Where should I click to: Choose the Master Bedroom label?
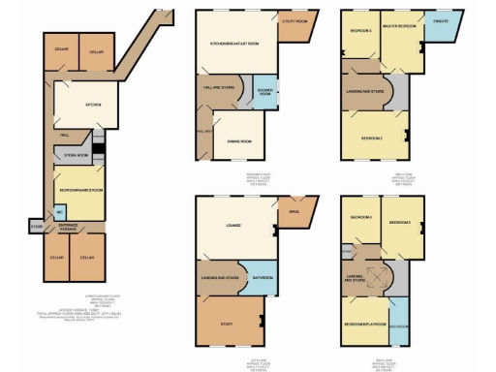399,26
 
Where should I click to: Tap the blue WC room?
60,211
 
